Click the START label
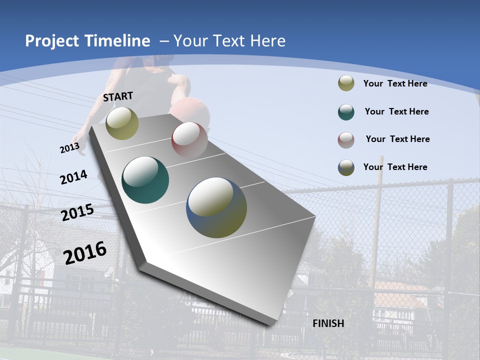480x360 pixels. [118, 96]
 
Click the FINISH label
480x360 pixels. [328, 323]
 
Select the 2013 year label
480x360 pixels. [70, 148]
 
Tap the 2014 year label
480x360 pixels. [74, 177]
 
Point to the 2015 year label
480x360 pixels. [77, 213]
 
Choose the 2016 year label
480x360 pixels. [85, 252]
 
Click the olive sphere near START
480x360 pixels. [122, 123]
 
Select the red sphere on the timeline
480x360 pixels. [189, 139]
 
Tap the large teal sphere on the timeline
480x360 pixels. [145, 180]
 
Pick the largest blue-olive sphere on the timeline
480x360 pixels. [216, 207]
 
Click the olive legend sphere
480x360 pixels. [346, 83]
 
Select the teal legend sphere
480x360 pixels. [346, 112]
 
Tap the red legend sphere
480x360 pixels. [346, 140]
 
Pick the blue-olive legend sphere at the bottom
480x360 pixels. [346, 167]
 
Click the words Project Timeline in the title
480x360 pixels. [87, 41]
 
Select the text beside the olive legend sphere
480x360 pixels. [395, 83]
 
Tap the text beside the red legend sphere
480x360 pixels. [397, 139]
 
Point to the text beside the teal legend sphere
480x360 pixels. [396, 111]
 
